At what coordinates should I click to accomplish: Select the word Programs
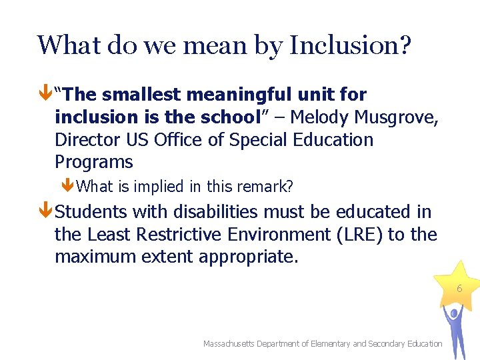pos(94,162)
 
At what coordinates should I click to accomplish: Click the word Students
pos(91,212)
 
